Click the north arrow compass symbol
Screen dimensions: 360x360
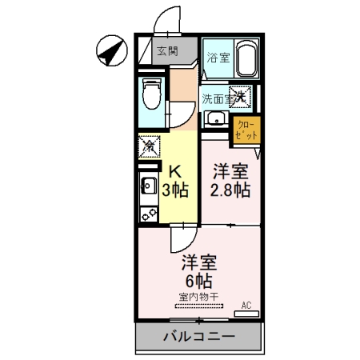click(x=112, y=50)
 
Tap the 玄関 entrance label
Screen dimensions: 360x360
click(x=167, y=51)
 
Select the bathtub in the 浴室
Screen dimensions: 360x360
click(x=247, y=58)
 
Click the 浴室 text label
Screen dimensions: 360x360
click(x=218, y=58)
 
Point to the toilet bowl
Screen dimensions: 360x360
click(x=152, y=94)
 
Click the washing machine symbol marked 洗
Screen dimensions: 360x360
click(x=240, y=97)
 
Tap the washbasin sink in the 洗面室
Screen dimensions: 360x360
click(x=216, y=119)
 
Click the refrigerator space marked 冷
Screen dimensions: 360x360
click(x=149, y=146)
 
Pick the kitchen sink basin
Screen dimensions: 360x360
click(x=148, y=185)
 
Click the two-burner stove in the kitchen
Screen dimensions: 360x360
click(x=149, y=214)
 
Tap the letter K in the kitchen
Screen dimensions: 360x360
click(x=175, y=171)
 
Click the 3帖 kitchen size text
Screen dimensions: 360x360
click(x=175, y=190)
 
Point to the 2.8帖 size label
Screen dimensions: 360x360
click(x=230, y=190)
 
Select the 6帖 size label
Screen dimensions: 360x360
click(x=198, y=281)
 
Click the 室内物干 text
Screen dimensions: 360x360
click(x=198, y=297)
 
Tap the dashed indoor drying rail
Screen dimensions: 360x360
click(x=199, y=306)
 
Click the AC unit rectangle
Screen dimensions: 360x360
click(x=246, y=314)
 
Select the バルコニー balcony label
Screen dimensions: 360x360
click(x=199, y=337)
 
